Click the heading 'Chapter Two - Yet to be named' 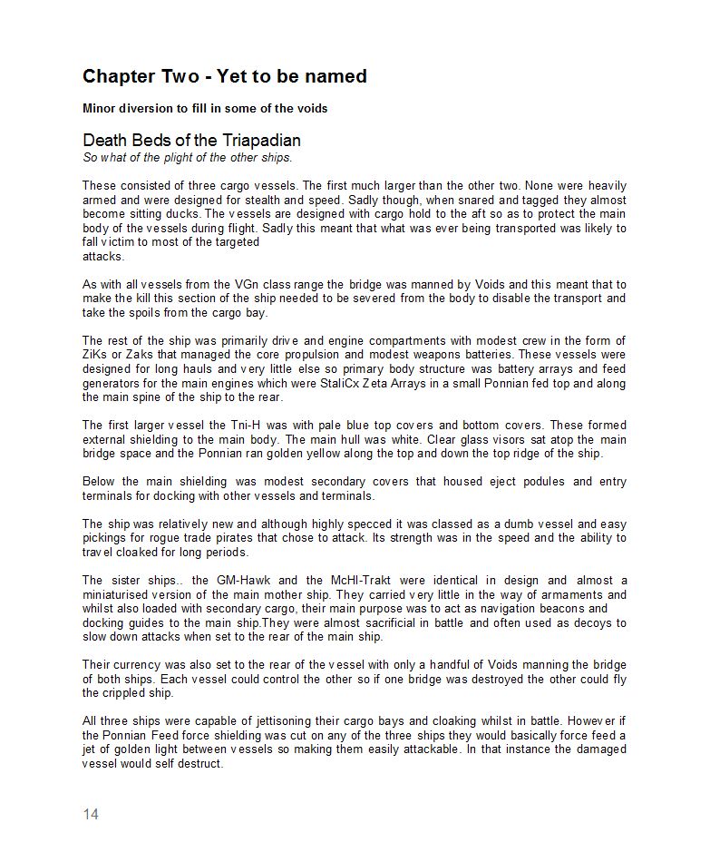[224, 77]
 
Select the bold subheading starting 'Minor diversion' [205, 109]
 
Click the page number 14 [90, 814]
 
